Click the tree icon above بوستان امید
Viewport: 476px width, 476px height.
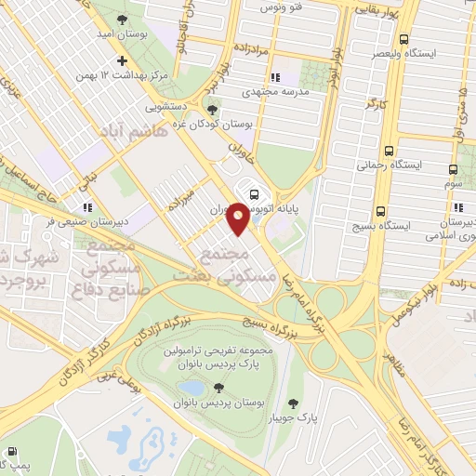point(118,18)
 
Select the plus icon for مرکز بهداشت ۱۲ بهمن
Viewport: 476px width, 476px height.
point(120,59)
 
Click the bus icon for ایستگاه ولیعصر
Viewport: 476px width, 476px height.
point(403,40)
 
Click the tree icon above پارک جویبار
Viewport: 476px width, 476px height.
point(295,403)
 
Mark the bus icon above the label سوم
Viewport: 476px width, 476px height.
point(453,170)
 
